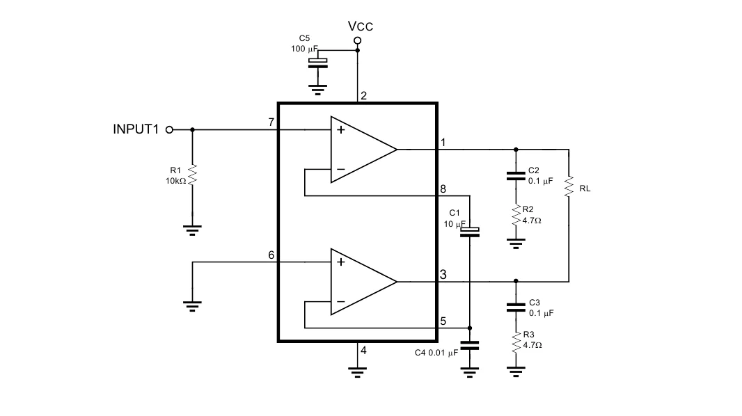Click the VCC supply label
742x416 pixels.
(x=361, y=26)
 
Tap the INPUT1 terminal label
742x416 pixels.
(x=136, y=129)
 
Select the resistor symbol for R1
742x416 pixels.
(x=192, y=175)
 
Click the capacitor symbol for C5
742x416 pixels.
(x=318, y=63)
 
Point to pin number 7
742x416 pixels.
(x=271, y=122)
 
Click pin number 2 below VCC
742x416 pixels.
(x=363, y=96)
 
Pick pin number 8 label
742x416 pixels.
(x=443, y=189)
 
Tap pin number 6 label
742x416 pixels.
(x=271, y=255)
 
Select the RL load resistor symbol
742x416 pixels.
(x=569, y=187)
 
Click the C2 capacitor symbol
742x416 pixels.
(x=516, y=175)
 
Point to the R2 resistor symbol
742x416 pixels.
(x=516, y=215)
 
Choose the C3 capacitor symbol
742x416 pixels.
(x=516, y=307)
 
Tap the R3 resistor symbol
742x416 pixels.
(x=516, y=341)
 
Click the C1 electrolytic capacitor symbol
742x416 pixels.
(x=471, y=232)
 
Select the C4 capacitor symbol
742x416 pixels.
(x=471, y=344)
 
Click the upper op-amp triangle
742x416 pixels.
(x=362, y=149)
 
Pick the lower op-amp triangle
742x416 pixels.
(x=362, y=282)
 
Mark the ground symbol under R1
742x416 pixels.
(x=192, y=230)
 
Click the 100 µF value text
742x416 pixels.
(x=304, y=49)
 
